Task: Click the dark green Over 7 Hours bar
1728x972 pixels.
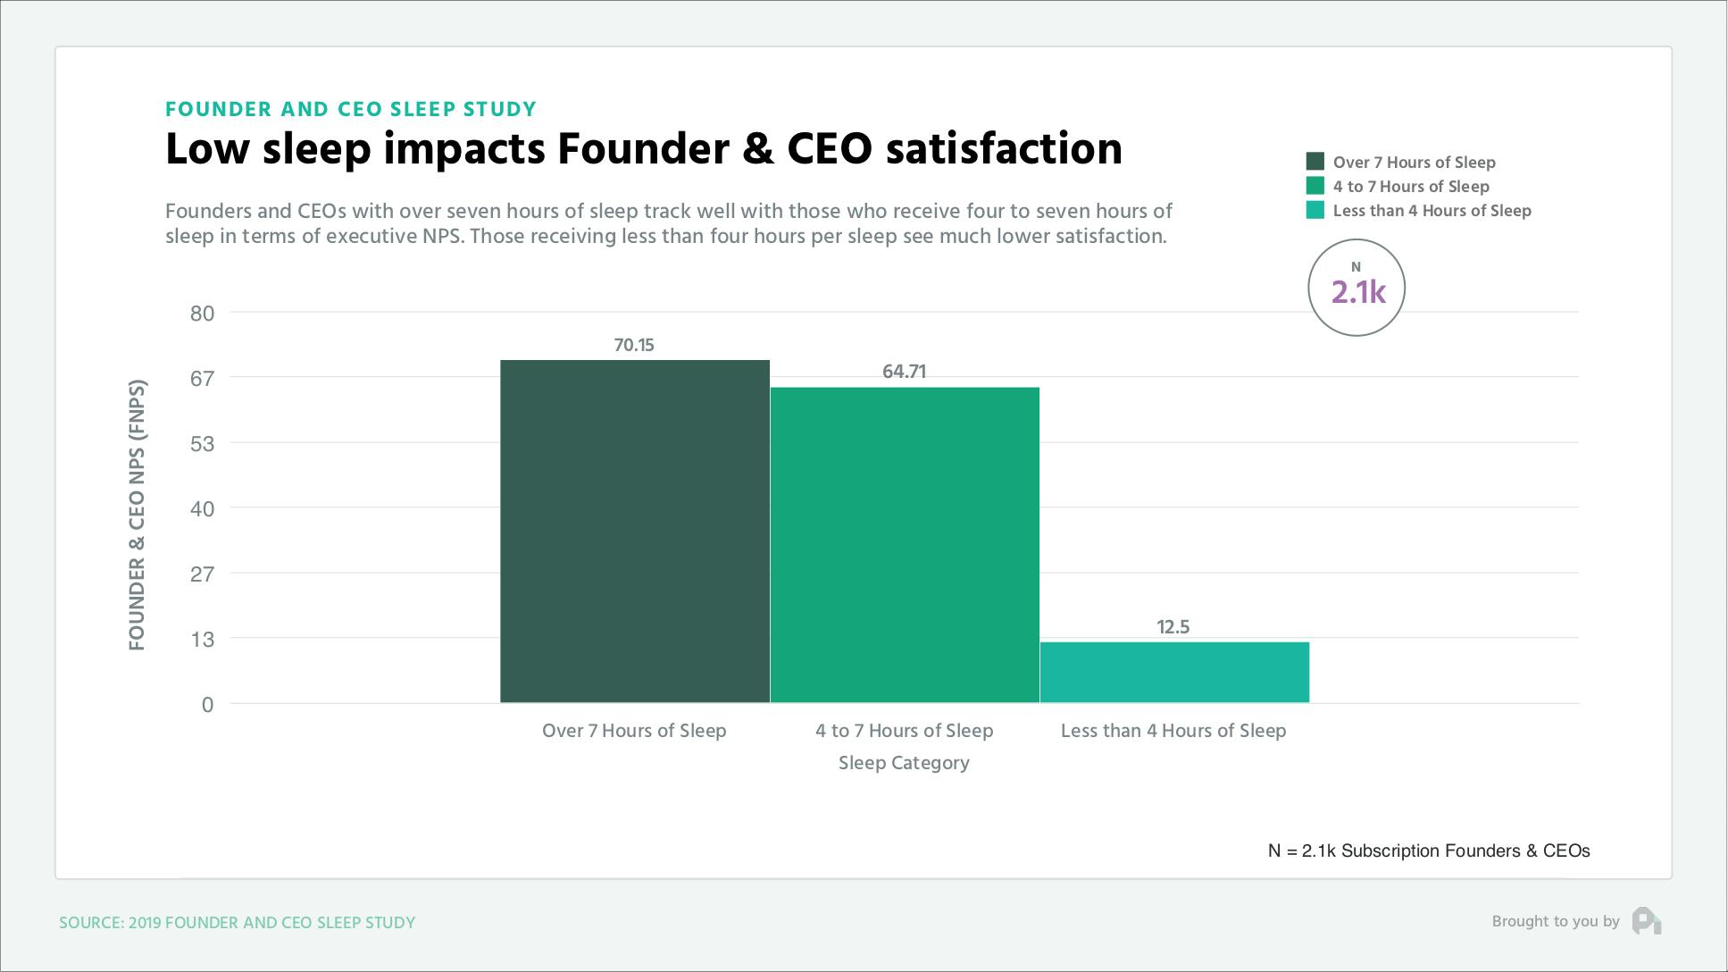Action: [x=634, y=532]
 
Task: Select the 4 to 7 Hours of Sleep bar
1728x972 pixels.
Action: [x=905, y=545]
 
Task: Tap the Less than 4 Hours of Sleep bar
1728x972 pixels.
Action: [x=1174, y=672]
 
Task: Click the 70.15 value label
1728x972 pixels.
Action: [x=634, y=345]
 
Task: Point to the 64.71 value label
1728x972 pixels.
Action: [x=904, y=372]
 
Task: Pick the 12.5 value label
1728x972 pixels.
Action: [x=1173, y=627]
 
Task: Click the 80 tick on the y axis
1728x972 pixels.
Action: [x=203, y=313]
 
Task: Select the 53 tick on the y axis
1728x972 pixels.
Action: [x=203, y=443]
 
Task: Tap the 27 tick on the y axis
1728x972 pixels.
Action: [x=203, y=574]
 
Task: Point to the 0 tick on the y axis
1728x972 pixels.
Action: [x=207, y=705]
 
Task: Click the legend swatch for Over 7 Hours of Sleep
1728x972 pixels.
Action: [x=1315, y=162]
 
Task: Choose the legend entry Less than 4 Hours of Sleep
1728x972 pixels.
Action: [x=1432, y=211]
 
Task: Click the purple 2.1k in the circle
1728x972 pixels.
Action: [x=1357, y=292]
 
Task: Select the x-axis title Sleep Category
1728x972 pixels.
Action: [x=904, y=763]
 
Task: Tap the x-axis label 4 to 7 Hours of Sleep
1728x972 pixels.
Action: [x=904, y=731]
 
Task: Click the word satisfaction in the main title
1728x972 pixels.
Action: [x=1004, y=148]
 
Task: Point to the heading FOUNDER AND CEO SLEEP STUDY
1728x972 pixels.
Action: [x=351, y=109]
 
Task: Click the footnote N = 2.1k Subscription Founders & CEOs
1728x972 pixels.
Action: [x=1428, y=850]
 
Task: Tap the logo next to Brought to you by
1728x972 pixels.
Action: [x=1646, y=921]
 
